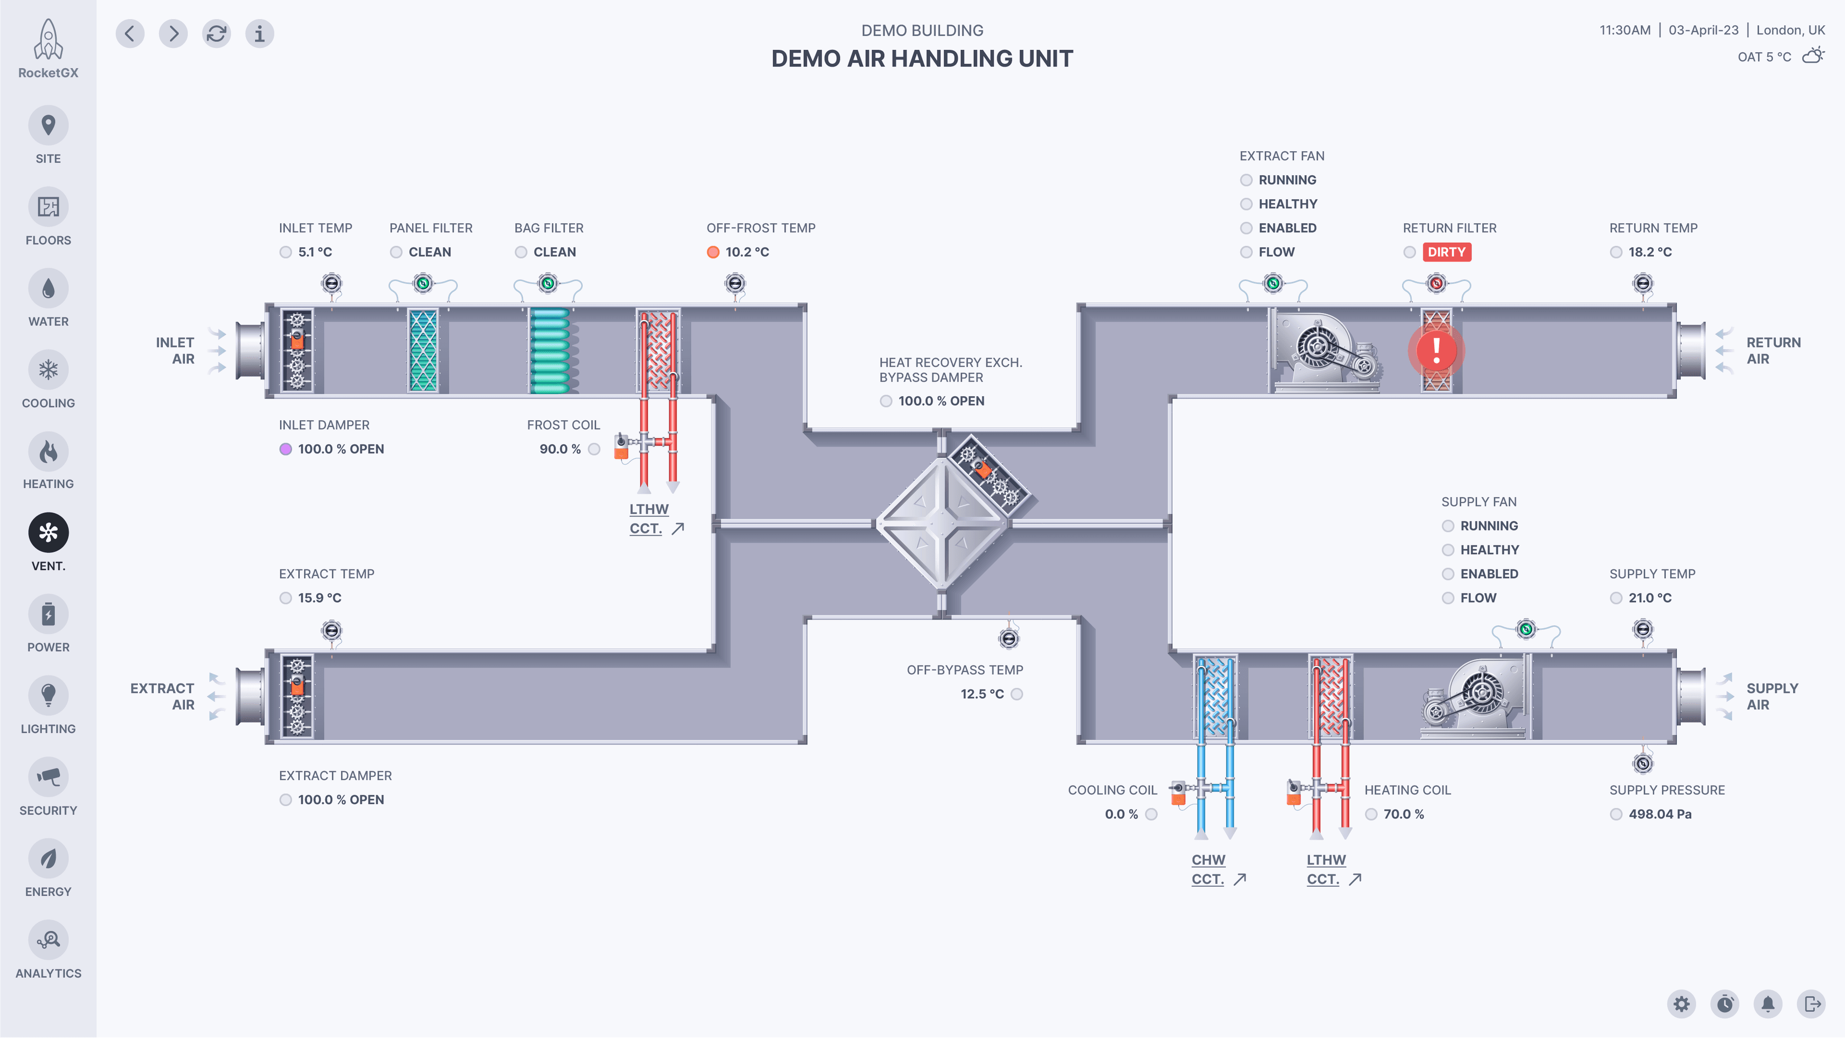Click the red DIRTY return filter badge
pyautogui.click(x=1446, y=252)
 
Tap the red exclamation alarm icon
pyautogui.click(x=1436, y=350)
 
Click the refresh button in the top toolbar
pyautogui.click(x=216, y=34)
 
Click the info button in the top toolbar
pyautogui.click(x=259, y=34)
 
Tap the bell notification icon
pyautogui.click(x=1768, y=1003)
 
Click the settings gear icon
pyautogui.click(x=1682, y=1003)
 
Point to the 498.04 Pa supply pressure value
pyautogui.click(x=1660, y=814)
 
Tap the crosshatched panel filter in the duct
pyautogui.click(x=423, y=350)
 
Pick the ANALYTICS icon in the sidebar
pyautogui.click(x=48, y=940)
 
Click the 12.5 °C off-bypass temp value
pyautogui.click(x=982, y=694)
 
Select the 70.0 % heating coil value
pyautogui.click(x=1403, y=814)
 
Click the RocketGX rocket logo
pyautogui.click(x=48, y=41)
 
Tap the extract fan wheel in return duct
pyautogui.click(x=1316, y=348)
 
